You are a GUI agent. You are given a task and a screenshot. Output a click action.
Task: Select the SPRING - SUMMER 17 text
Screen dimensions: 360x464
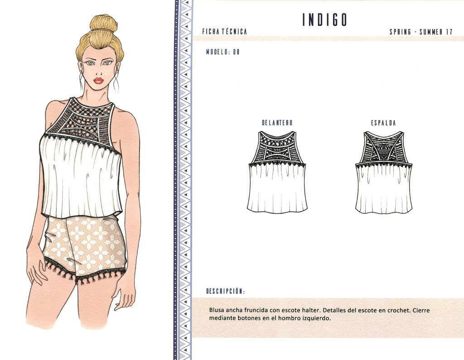[x=421, y=32]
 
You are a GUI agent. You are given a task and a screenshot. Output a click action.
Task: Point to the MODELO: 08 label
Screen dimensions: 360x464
[x=222, y=52]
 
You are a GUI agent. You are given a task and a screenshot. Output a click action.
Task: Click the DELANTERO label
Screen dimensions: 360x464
[x=277, y=123]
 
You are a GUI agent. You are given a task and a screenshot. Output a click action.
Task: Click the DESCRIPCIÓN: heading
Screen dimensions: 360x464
[x=225, y=291]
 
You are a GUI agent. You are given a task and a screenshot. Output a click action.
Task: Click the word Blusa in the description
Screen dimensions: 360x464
[x=218, y=310]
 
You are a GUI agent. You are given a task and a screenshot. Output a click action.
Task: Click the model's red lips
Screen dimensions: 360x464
[x=98, y=81]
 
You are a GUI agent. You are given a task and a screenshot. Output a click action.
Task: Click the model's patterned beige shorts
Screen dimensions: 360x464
[x=86, y=245]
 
